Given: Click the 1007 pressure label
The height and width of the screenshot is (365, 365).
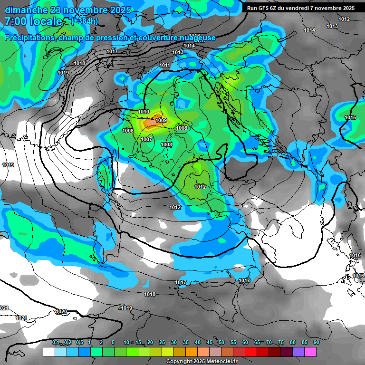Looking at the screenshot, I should [146, 139].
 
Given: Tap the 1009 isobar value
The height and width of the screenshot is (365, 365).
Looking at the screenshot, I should [161, 121].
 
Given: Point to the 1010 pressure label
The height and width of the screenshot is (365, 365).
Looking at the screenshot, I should [144, 112].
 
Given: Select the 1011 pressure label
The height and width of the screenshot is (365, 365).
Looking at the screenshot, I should [165, 65].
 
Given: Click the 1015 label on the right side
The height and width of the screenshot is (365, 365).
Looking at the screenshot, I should [350, 117].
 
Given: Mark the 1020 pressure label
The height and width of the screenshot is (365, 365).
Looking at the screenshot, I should [61, 311].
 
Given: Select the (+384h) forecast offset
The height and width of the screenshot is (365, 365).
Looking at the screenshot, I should [85, 21].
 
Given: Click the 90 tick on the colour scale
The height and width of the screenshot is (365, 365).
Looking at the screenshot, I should [316, 343].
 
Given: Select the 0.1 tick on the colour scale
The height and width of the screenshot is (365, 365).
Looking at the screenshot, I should [56, 343].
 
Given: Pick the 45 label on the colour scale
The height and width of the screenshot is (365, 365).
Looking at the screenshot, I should [210, 343].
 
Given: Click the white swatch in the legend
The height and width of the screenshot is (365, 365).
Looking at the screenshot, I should [48, 352].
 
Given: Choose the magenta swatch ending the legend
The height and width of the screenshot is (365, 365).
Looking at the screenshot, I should [310, 352].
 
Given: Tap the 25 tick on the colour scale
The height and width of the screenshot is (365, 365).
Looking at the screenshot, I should [162, 343].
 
